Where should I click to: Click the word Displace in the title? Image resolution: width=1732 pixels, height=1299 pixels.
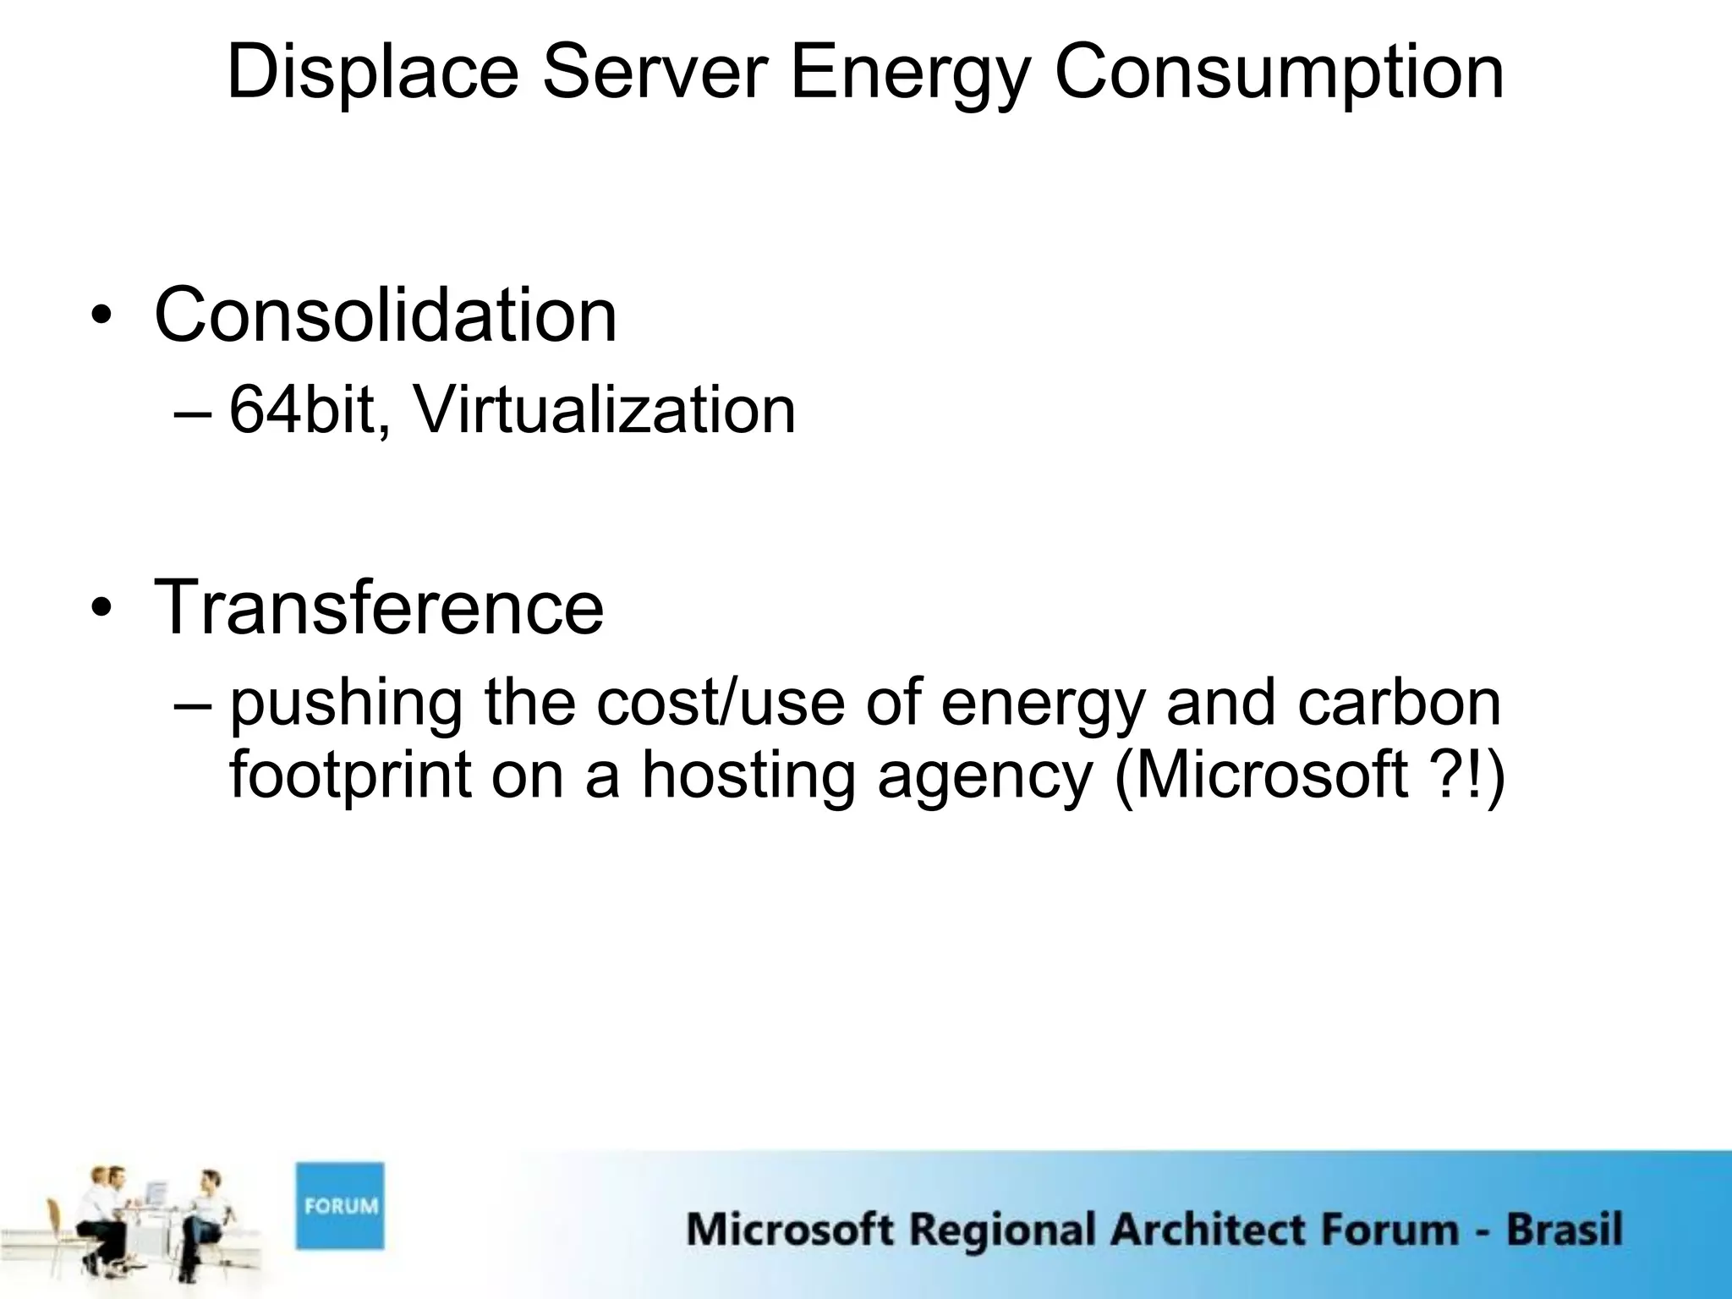[x=372, y=73]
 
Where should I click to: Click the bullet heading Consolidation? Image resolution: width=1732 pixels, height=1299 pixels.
[x=385, y=315]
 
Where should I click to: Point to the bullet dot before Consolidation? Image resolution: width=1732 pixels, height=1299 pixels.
[x=102, y=319]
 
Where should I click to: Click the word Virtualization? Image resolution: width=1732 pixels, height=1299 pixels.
[x=604, y=410]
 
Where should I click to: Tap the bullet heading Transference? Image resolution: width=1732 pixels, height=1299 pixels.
[x=378, y=606]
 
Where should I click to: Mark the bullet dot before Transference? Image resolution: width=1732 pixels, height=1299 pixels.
[x=102, y=611]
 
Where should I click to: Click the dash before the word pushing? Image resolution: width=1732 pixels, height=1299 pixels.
[x=194, y=704]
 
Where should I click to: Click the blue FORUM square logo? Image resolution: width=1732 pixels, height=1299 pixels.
[x=339, y=1205]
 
